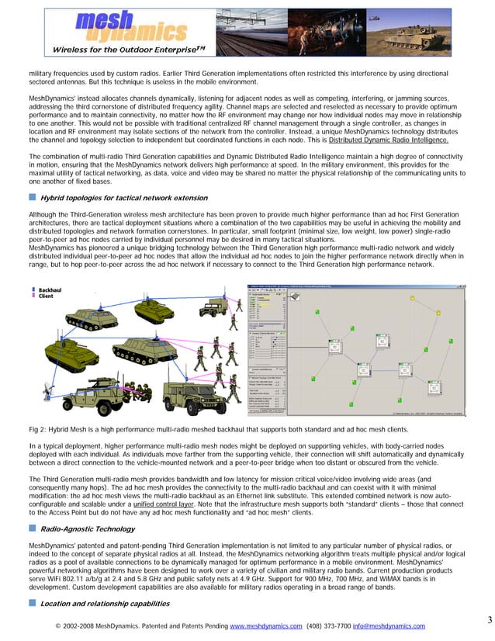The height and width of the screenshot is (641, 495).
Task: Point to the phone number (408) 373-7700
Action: pyautogui.click(x=328, y=625)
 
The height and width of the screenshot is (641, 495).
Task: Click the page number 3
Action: pyautogui.click(x=479, y=618)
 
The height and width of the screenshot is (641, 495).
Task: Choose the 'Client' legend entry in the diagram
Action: pyautogui.click(x=45, y=296)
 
